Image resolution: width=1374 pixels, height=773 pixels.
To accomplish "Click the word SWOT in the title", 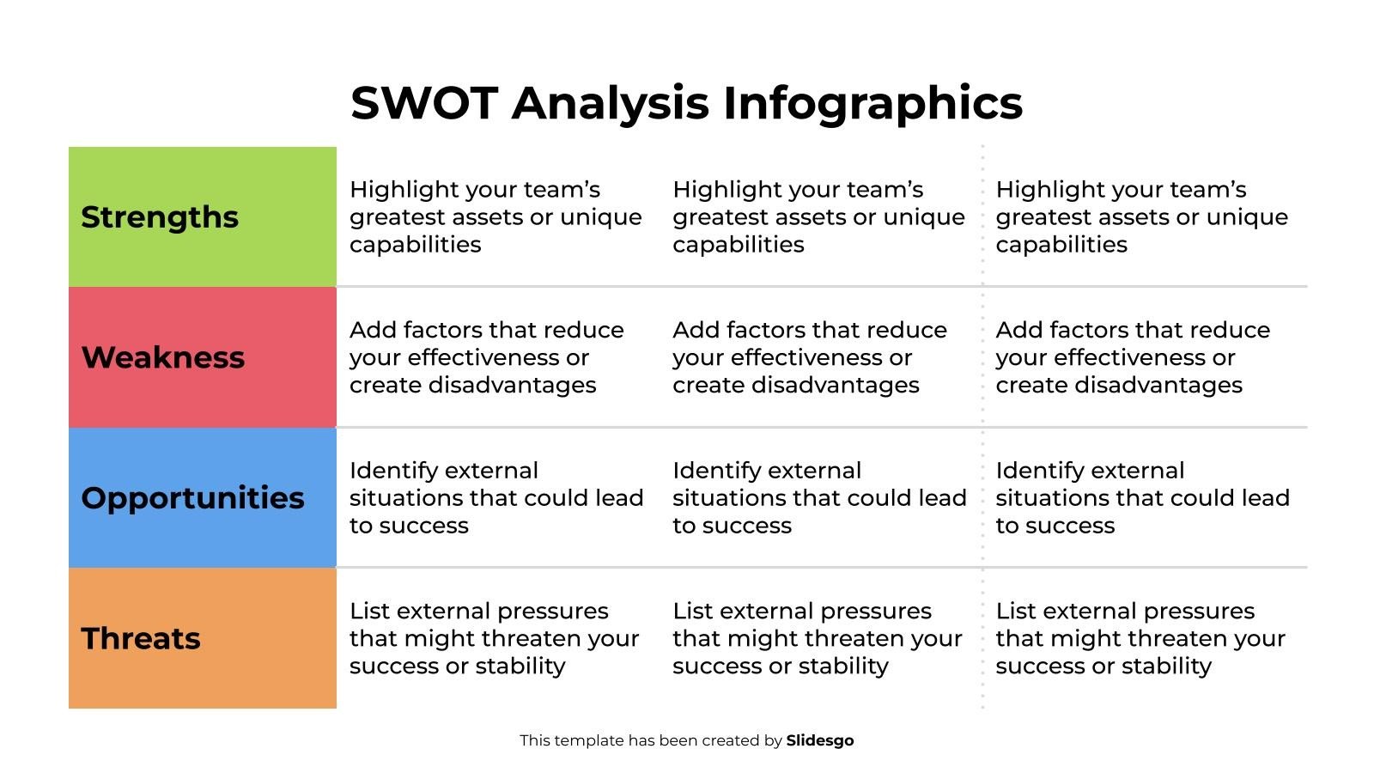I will tap(423, 103).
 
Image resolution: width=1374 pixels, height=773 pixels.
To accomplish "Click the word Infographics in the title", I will tap(872, 103).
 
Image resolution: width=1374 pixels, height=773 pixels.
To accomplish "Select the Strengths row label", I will tap(160, 217).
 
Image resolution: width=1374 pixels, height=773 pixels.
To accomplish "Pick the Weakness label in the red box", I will tap(163, 357).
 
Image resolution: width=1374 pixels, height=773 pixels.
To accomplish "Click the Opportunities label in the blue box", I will tap(192, 498).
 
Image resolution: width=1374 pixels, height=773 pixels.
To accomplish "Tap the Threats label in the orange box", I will tap(141, 638).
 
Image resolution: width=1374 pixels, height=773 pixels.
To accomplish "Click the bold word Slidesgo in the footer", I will tap(820, 740).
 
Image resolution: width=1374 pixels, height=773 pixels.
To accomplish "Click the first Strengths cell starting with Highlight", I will tap(495, 217).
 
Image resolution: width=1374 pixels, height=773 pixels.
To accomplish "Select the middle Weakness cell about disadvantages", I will tap(809, 357).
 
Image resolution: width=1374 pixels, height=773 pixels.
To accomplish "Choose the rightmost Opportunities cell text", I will tap(1141, 498).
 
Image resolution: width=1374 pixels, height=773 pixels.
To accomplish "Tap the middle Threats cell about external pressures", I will tap(817, 638).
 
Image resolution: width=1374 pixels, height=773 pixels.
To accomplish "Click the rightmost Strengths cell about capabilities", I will tap(1141, 217).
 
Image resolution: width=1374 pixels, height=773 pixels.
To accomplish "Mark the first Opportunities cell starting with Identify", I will tap(495, 498).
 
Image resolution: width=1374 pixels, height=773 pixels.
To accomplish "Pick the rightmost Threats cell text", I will tap(1140, 638).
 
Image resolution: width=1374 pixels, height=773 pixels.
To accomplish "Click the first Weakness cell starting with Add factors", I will tap(486, 357).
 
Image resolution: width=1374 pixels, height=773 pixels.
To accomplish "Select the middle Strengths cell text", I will tap(818, 217).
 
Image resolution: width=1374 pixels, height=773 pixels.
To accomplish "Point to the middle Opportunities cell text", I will tap(818, 498).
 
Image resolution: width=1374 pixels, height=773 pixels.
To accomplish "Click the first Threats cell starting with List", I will tap(494, 638).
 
